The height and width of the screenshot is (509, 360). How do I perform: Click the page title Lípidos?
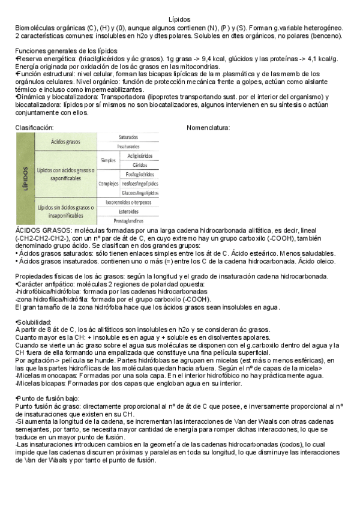pyautogui.click(x=179, y=20)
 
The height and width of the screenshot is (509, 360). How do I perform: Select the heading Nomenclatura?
pyautogui.click(x=208, y=127)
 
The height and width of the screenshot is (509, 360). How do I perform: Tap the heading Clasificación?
pyautogui.click(x=34, y=127)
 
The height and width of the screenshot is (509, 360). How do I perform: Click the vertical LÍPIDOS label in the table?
pyautogui.click(x=25, y=178)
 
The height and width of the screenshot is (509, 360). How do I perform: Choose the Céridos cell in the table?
pyautogui.click(x=140, y=165)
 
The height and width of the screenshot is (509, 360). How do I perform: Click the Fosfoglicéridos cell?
pyautogui.click(x=140, y=174)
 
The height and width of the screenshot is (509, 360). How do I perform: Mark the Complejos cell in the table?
pyautogui.click(x=108, y=184)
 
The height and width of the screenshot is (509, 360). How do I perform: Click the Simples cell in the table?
pyautogui.click(x=108, y=160)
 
